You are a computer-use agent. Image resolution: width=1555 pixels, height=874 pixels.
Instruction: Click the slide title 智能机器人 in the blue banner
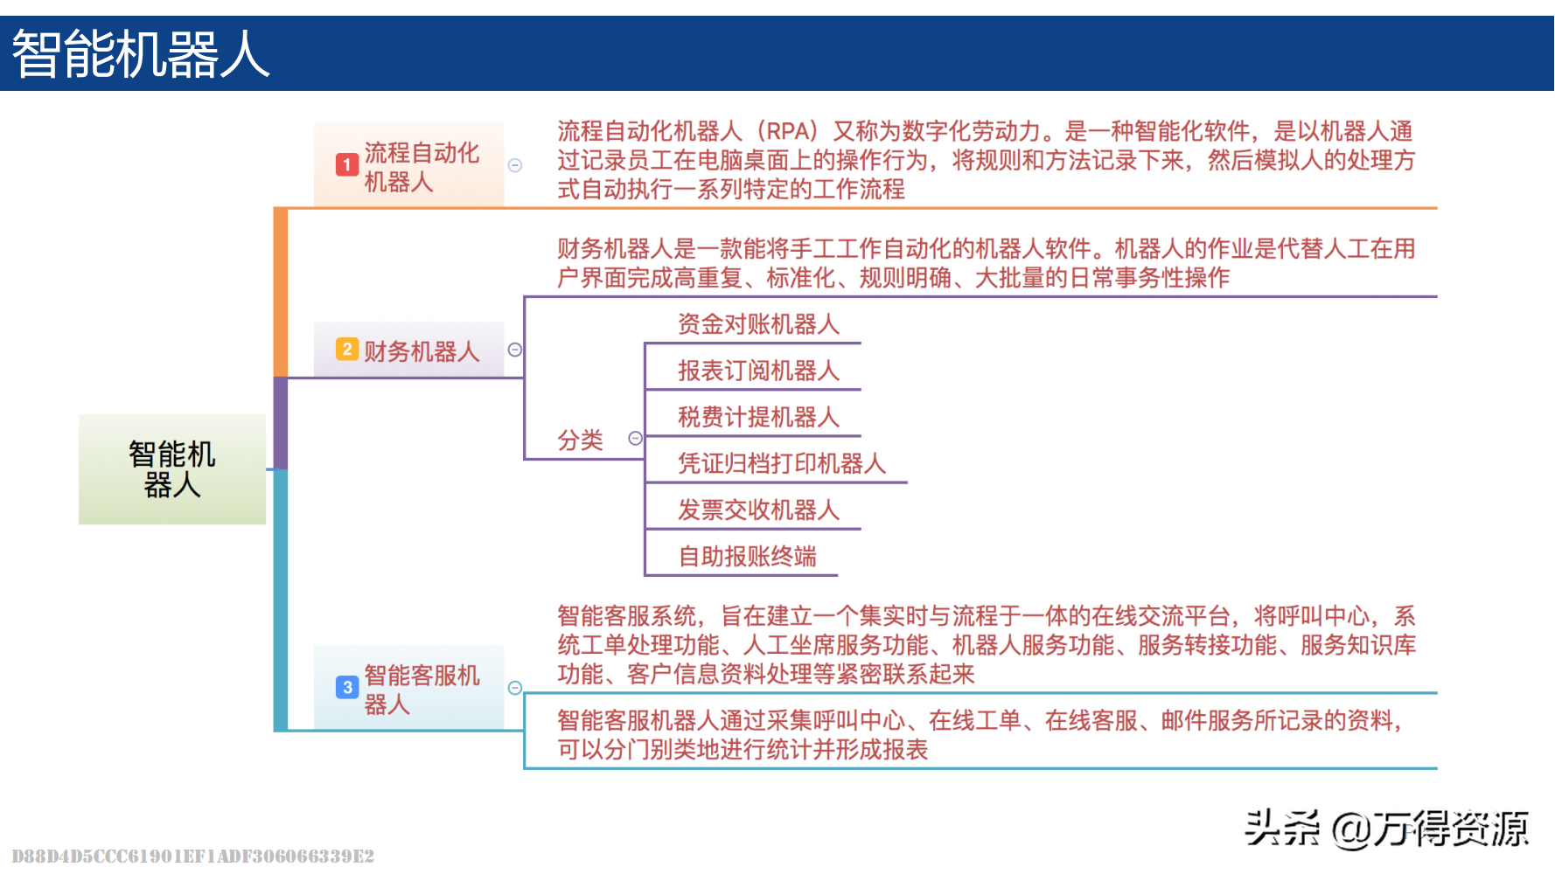click(141, 54)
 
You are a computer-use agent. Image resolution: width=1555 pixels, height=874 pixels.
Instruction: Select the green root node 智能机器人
click(172, 469)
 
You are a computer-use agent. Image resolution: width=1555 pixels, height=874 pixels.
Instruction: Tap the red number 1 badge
click(347, 164)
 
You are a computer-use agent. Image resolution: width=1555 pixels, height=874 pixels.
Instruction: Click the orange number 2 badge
click(347, 350)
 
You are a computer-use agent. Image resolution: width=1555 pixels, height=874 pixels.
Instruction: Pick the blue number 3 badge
click(347, 688)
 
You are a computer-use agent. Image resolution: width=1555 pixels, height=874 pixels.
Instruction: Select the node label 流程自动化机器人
click(422, 167)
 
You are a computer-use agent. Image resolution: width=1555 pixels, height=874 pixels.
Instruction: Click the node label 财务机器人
click(422, 351)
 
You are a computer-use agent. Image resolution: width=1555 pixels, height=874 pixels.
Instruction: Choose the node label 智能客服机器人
click(422, 690)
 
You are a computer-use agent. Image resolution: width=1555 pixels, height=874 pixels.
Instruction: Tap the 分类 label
click(581, 440)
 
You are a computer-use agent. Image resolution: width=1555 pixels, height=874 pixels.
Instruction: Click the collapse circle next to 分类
click(636, 439)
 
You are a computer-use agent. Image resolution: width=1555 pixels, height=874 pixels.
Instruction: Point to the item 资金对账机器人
click(758, 324)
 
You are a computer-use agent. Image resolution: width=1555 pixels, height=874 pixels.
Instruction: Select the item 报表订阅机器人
click(758, 371)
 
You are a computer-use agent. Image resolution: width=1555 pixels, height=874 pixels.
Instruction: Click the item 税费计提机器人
click(758, 417)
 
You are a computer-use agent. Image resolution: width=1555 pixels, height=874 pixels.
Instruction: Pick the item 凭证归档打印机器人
click(782, 463)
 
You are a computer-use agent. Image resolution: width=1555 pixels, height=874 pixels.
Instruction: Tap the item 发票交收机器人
click(758, 510)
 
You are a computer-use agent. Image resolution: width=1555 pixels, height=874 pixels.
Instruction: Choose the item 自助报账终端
click(747, 556)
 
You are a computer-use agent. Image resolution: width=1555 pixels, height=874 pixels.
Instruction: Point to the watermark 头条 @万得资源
click(1386, 828)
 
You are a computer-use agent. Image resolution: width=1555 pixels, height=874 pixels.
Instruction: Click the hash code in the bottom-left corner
click(192, 856)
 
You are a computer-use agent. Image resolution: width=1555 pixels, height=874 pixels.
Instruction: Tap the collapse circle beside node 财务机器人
click(515, 350)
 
